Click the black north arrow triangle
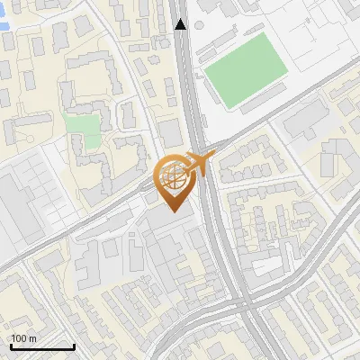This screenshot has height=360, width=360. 181,24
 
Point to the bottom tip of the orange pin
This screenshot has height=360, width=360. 174,212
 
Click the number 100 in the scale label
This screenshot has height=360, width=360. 20,338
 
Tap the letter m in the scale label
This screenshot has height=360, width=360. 33,338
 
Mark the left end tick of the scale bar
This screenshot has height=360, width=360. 11,346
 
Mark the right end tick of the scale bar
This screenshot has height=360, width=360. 74,346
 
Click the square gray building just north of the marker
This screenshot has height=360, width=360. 171,133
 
